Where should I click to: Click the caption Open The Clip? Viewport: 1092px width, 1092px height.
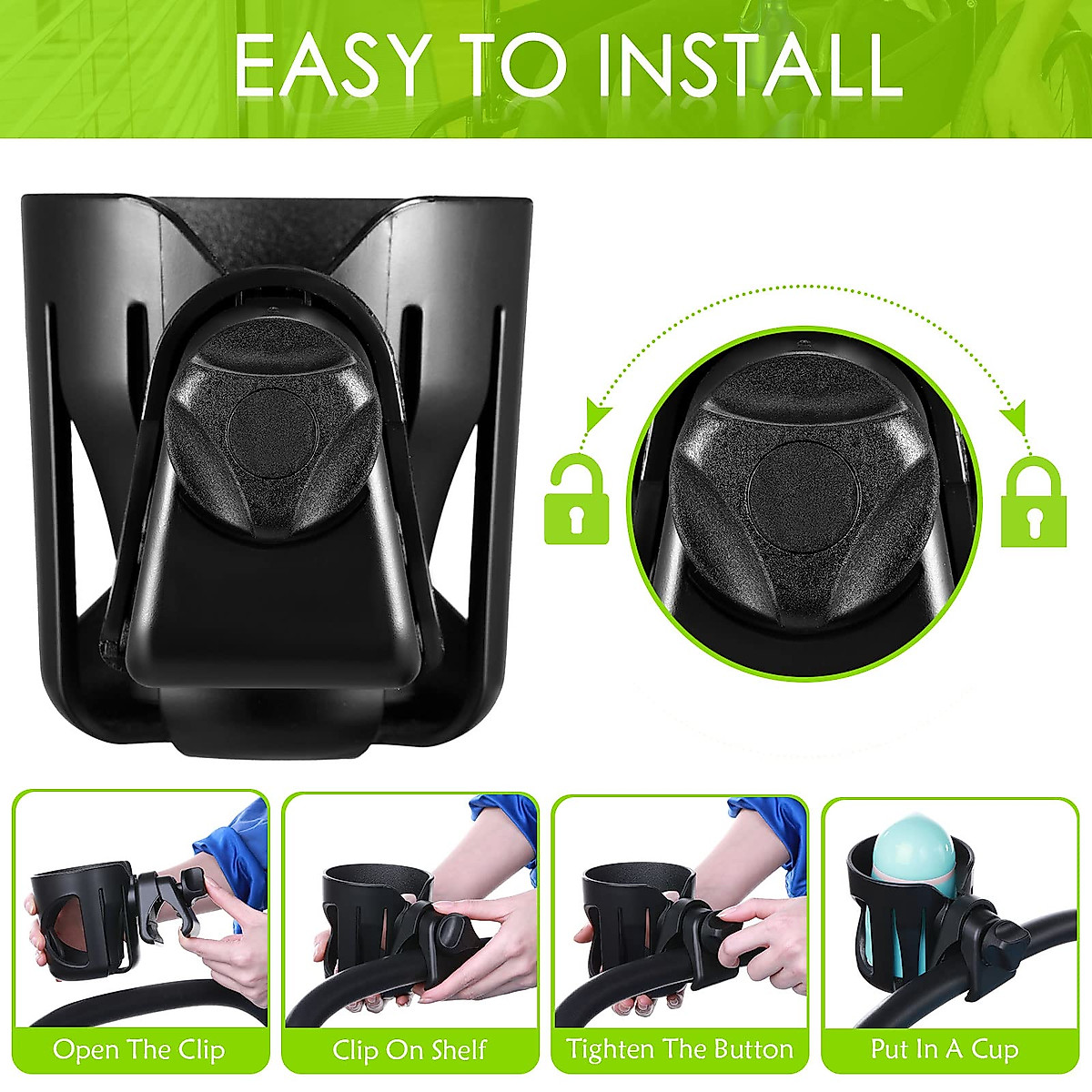click(138, 1049)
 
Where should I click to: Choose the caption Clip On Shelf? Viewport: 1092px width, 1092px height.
click(409, 1049)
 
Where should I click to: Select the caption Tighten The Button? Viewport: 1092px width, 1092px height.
click(680, 1049)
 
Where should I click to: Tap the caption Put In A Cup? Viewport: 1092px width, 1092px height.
click(945, 1049)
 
